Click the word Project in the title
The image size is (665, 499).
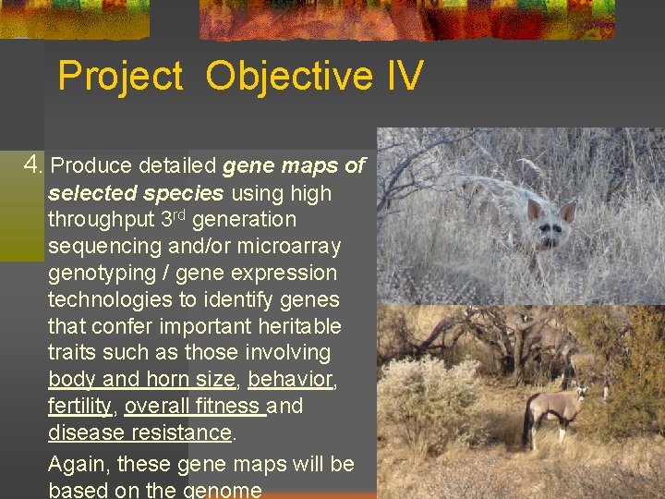(120, 76)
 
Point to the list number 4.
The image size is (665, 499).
(33, 165)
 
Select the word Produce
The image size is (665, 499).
(91, 166)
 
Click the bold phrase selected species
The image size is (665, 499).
(136, 193)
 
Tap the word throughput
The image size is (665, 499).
(101, 220)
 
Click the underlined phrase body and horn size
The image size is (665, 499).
(141, 379)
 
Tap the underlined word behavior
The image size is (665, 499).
(290, 379)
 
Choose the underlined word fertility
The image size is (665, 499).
(79, 406)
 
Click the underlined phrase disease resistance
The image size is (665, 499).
(139, 432)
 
